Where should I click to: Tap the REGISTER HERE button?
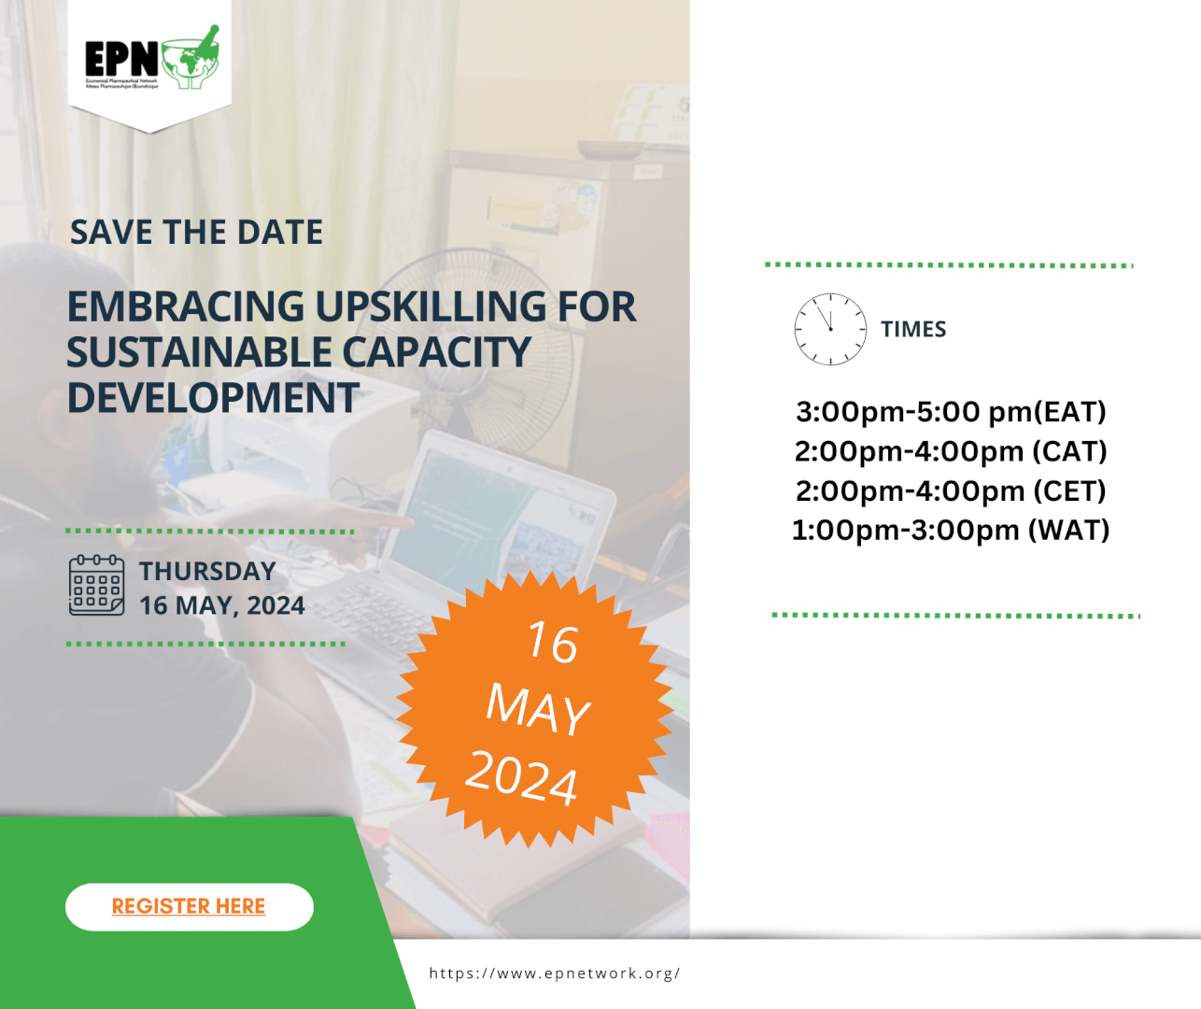click(189, 906)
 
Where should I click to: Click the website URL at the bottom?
click(555, 973)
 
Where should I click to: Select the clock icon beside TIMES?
click(829, 329)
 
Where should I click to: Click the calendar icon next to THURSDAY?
click(96, 586)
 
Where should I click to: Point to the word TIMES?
click(913, 330)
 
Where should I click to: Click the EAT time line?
click(951, 412)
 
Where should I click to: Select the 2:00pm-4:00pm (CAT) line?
click(951, 451)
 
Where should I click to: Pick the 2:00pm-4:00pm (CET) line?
click(951, 490)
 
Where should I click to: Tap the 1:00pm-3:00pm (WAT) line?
click(951, 530)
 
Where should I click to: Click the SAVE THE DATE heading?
click(197, 233)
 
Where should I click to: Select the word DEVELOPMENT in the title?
click(213, 398)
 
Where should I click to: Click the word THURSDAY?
click(207, 571)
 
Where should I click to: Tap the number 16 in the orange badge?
click(552, 643)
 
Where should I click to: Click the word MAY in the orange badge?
click(538, 708)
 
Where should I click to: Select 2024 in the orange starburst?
click(522, 776)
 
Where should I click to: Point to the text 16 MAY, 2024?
click(222, 605)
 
